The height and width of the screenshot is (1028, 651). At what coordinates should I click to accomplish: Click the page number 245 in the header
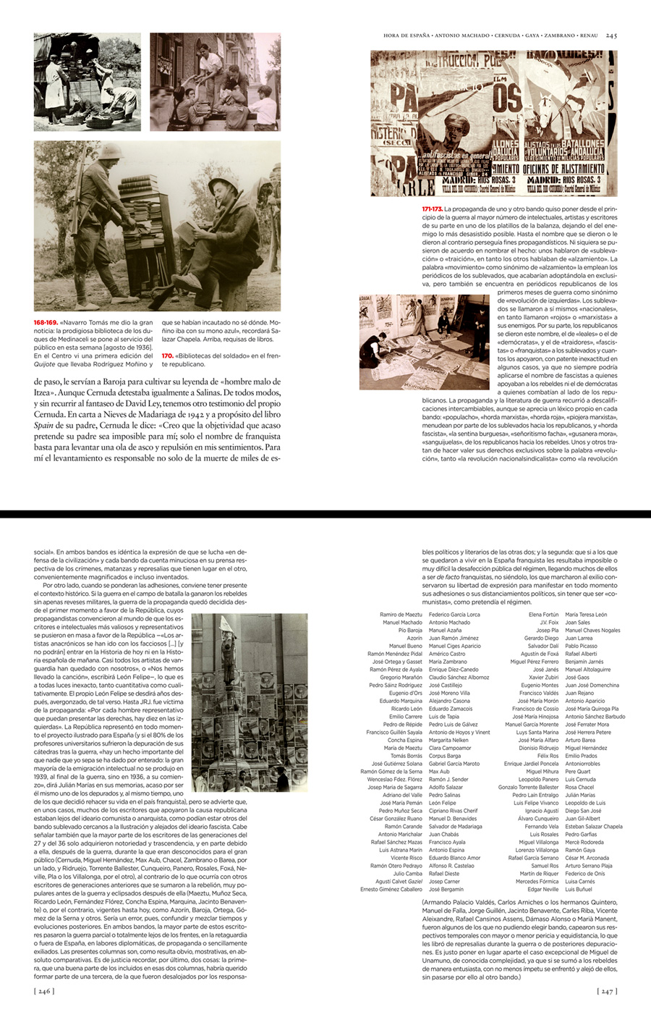click(611, 35)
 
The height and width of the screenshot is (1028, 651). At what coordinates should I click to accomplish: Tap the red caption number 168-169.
click(46, 322)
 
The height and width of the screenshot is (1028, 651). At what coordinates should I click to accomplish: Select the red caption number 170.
click(167, 355)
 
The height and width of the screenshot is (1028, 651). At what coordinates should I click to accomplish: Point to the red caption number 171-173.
click(432, 209)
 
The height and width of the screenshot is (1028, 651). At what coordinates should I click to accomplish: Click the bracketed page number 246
click(44, 991)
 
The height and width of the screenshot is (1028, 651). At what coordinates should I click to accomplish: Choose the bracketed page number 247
click(607, 991)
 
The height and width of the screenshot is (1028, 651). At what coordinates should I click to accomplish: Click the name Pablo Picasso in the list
click(581, 646)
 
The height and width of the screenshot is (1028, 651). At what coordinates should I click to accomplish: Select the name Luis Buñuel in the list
click(579, 889)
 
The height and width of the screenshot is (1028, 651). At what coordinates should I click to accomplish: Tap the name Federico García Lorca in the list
click(454, 614)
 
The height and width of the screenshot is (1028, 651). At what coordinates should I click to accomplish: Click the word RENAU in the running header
click(590, 35)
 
